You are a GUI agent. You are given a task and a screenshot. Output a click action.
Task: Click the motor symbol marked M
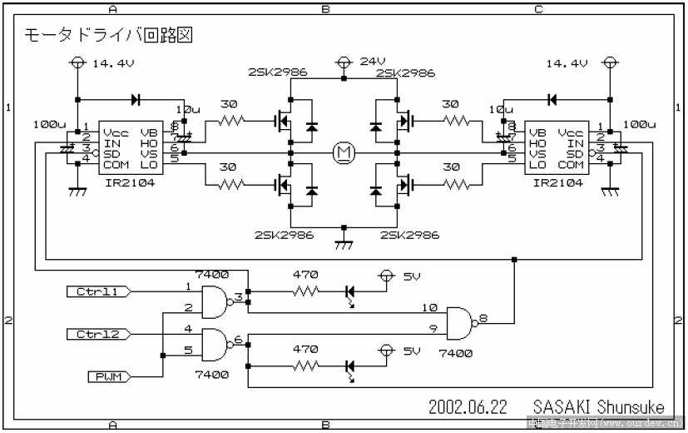tap(343, 152)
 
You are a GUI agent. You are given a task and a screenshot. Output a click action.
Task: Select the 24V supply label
tap(372, 62)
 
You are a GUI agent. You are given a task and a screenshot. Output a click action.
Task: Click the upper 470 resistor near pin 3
tap(305, 291)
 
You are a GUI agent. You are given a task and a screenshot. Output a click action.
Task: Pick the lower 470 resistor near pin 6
tap(305, 366)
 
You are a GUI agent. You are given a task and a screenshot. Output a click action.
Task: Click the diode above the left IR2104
tap(135, 99)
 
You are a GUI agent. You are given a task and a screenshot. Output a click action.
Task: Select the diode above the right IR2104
tap(551, 99)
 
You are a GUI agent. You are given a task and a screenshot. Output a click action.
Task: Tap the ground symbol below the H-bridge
tap(343, 245)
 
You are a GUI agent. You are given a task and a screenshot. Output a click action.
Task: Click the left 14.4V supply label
tap(107, 63)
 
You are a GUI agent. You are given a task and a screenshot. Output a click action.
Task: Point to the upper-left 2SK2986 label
tap(277, 72)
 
